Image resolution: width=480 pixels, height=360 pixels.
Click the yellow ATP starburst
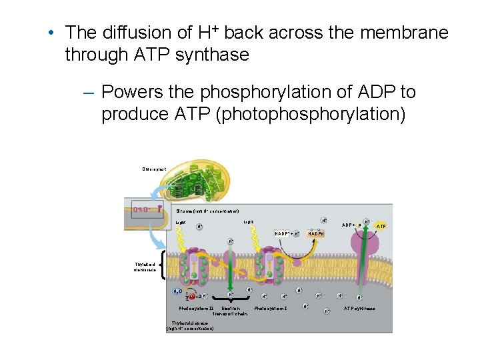pyautogui.click(x=381, y=226)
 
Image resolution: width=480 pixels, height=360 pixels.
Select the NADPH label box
pyautogui.click(x=316, y=233)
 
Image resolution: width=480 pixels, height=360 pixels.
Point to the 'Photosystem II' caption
pyautogui.click(x=196, y=309)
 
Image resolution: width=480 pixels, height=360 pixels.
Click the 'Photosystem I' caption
pyautogui.click(x=270, y=309)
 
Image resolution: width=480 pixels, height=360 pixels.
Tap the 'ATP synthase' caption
pyautogui.click(x=359, y=309)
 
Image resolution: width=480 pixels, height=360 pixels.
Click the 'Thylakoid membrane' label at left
pyautogui.click(x=145, y=267)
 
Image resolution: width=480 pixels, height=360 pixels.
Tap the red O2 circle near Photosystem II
pyautogui.click(x=192, y=296)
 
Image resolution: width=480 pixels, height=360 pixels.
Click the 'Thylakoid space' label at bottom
pyautogui.click(x=190, y=327)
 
